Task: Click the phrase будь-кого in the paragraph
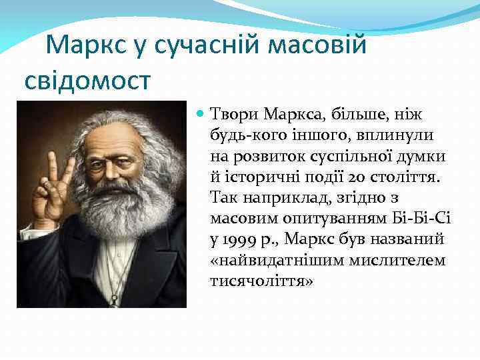pos(242,136)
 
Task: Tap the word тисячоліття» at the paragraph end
pos(261,281)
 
